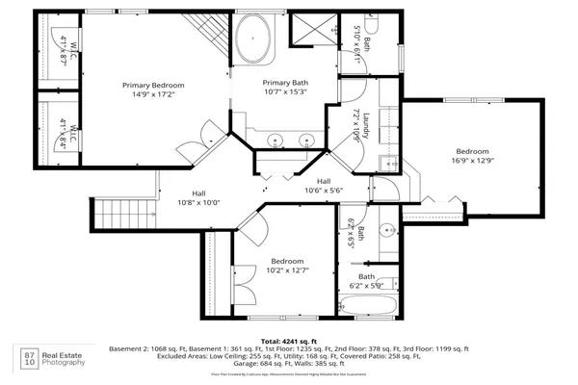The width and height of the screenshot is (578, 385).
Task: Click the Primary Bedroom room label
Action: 153,86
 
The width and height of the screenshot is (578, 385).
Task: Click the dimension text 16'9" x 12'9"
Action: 472,162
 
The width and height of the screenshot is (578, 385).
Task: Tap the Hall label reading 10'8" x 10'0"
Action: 198,202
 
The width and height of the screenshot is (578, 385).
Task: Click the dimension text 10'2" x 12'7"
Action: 287,271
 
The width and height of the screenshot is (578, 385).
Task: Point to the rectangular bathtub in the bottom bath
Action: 371,305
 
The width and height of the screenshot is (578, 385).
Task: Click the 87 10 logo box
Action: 29,360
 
